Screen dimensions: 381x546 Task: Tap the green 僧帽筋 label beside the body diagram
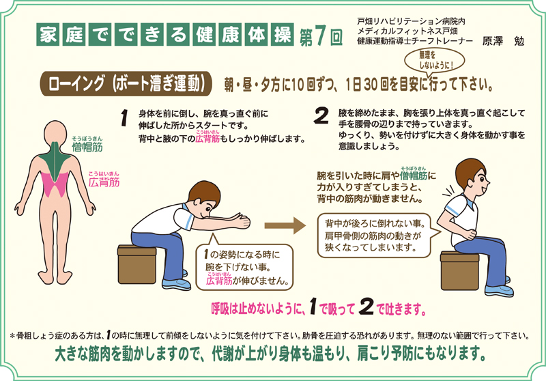(87, 146)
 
